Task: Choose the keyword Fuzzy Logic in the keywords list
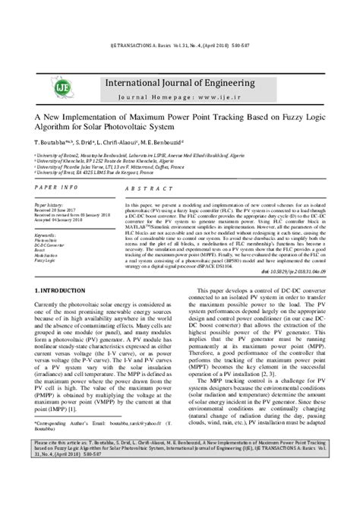48,261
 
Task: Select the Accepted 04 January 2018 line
60,220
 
